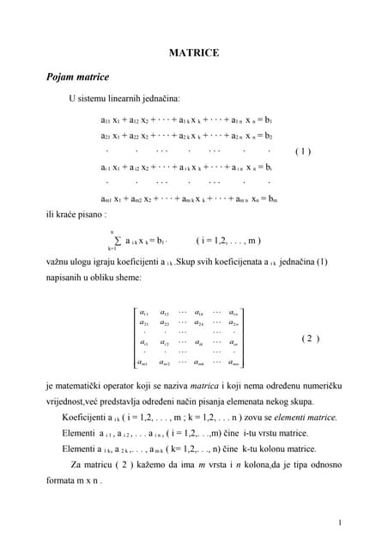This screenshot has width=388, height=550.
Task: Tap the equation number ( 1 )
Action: click(302, 151)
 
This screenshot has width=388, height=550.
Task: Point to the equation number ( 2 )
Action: click(311, 339)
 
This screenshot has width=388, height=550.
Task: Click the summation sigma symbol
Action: click(118, 241)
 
